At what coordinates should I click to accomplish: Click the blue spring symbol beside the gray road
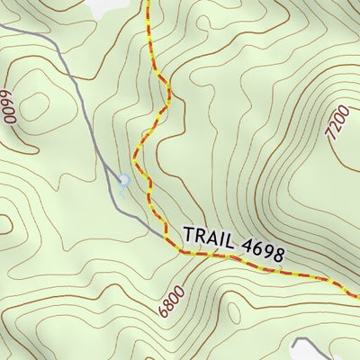[x=124, y=181]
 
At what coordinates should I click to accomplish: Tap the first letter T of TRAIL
[x=188, y=234]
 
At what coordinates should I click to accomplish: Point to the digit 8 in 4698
[x=278, y=253]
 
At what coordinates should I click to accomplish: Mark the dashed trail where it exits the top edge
[x=147, y=2]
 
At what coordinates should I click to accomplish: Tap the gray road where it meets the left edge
[x=2, y=26]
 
